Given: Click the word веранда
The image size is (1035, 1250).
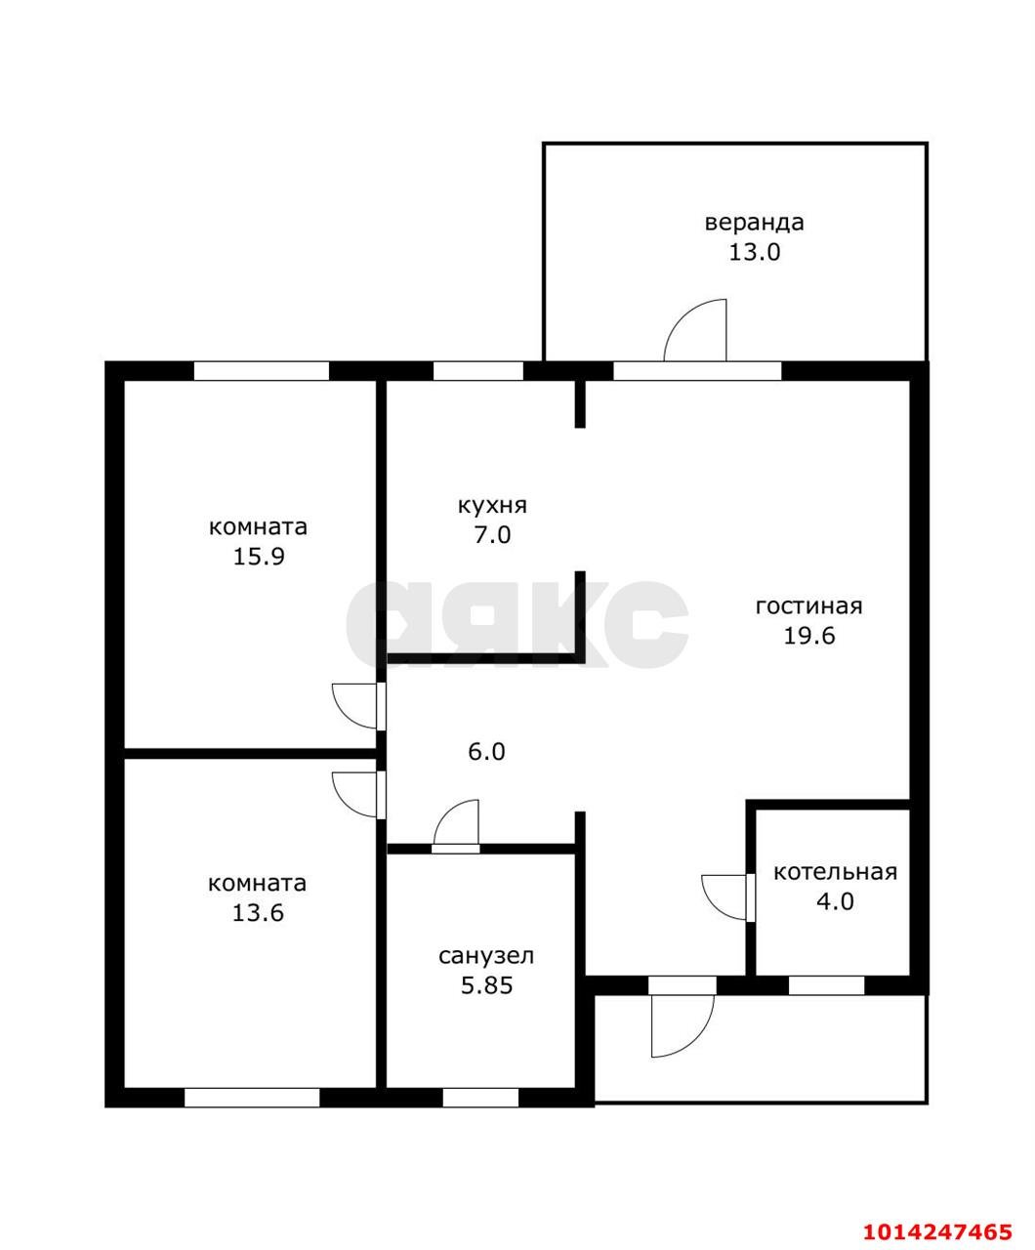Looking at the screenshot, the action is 754,224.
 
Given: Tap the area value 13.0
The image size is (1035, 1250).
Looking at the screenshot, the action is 754,252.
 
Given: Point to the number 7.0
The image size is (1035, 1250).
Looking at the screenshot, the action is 492,534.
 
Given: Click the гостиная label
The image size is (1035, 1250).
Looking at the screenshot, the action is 808,606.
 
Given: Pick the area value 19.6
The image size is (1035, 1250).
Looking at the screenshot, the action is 809,635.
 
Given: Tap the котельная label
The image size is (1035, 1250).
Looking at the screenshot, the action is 835,872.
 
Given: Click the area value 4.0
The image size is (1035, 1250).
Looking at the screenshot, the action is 835,901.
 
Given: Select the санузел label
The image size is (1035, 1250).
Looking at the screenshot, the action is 486,956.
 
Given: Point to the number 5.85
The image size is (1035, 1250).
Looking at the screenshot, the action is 486,985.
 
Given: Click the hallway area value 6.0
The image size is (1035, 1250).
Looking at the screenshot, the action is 486,752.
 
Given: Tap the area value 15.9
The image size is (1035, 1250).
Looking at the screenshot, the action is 258,557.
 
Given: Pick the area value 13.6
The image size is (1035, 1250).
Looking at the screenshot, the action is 258,913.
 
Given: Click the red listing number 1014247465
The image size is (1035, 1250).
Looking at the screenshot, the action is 936,1228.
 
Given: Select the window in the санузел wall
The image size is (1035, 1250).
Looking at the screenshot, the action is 480,1098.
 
